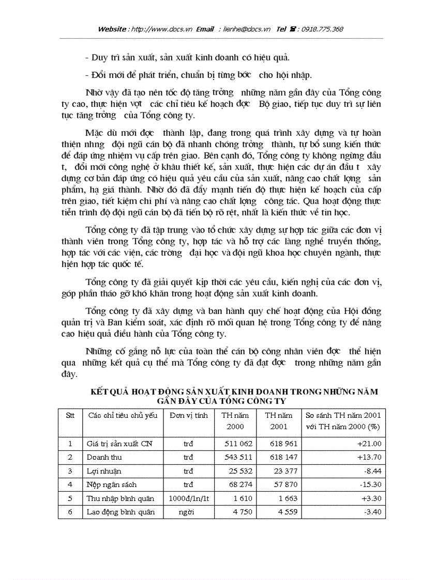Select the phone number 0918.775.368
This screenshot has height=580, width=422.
[320, 29]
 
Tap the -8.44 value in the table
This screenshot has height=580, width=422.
[372, 471]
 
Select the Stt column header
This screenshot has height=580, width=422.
[70, 415]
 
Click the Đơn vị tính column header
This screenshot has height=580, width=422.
[188, 415]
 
